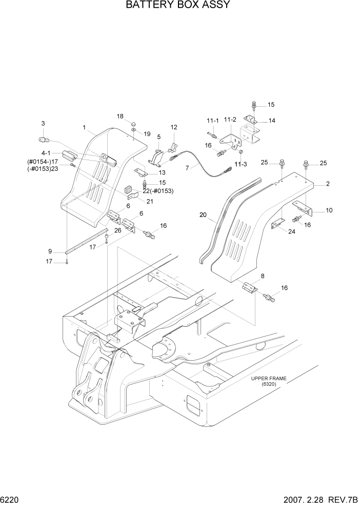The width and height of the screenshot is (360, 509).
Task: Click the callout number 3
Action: (x=43, y=124)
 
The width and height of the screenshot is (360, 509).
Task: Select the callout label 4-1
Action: (x=46, y=153)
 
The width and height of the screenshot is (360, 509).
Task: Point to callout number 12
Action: (x=174, y=127)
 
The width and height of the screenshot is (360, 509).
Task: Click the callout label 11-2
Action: (x=231, y=120)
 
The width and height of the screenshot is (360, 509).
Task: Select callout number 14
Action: (x=272, y=121)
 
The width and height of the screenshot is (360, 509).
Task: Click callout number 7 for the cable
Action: (x=187, y=168)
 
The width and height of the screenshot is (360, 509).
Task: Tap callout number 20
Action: (x=203, y=216)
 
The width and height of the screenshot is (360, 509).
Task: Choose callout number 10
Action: (x=329, y=210)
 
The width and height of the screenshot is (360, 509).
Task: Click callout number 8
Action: (x=263, y=276)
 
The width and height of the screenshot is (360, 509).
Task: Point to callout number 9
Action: (x=50, y=251)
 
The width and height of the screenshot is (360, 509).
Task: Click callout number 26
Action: (x=118, y=230)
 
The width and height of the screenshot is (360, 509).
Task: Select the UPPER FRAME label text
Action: (x=268, y=379)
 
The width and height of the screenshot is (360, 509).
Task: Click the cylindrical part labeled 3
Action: (x=44, y=139)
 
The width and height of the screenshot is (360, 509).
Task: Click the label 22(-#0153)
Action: (x=158, y=191)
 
